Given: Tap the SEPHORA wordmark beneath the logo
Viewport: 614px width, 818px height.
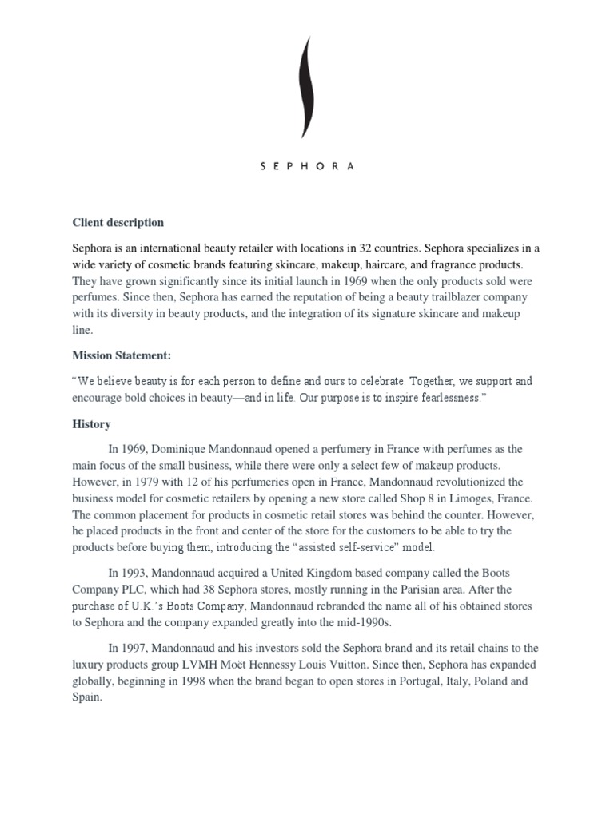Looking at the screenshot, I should tap(307, 167).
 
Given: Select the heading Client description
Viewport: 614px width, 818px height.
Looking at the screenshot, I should tap(118, 222).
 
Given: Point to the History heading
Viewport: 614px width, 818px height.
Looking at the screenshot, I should tap(91, 424).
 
